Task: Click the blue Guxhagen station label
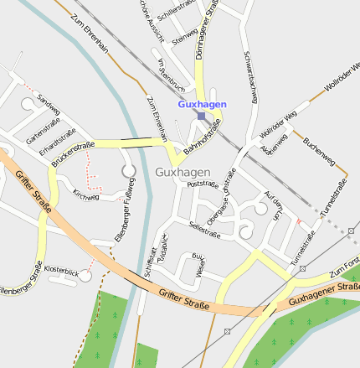[202, 105]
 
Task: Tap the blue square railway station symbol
[202, 116]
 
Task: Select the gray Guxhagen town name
[183, 172]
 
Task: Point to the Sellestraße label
[204, 229]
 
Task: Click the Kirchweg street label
[86, 196]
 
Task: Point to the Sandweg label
[49, 105]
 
